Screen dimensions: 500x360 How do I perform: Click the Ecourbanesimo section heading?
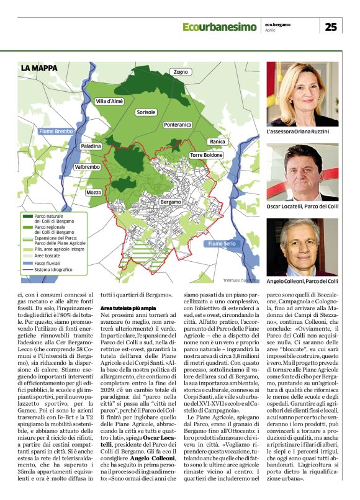coord(220,27)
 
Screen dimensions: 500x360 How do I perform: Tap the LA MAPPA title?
coord(38,68)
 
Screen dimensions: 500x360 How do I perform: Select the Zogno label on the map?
coord(181,73)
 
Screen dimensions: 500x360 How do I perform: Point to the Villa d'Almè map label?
coord(109,100)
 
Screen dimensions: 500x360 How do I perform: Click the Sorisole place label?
coord(146,112)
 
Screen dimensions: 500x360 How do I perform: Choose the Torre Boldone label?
coord(206,154)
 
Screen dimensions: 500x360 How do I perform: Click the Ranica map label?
coord(217,142)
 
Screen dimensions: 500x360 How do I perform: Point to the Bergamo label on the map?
coord(171,202)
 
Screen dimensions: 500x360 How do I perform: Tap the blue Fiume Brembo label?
coord(56,132)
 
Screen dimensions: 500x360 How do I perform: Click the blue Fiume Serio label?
coord(222,244)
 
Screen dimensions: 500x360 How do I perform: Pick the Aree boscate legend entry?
coord(47,254)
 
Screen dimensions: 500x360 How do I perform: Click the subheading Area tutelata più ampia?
coord(129,308)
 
